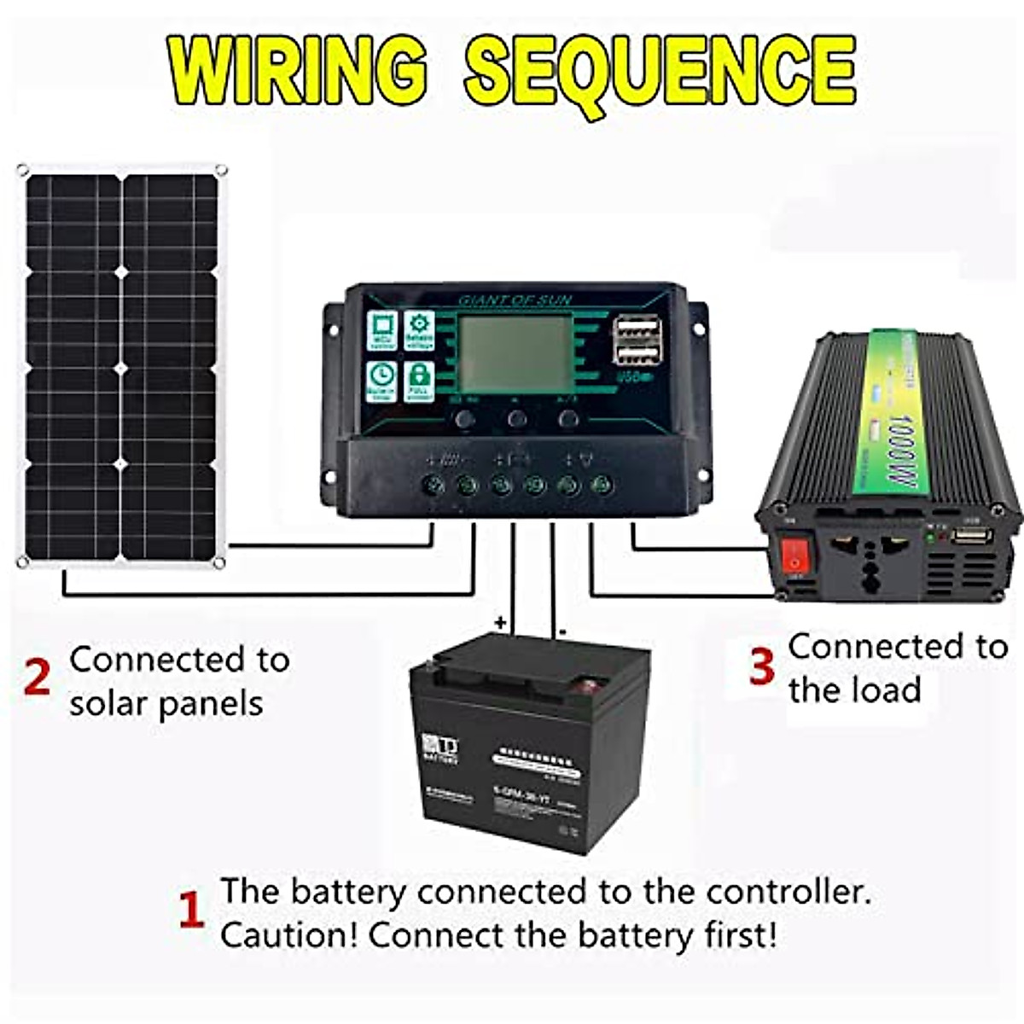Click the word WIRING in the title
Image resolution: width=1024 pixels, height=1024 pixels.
299,70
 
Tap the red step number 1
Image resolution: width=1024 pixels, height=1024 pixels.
191,911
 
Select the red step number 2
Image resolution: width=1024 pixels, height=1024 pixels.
37,679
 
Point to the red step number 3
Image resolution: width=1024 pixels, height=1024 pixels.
761,666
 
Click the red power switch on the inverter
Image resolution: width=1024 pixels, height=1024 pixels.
795,554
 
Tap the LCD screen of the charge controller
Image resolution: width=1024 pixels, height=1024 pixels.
515,353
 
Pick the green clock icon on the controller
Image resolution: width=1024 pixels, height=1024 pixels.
381,381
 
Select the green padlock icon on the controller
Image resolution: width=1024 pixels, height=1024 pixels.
418,381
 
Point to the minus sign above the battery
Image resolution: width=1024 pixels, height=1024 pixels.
562,632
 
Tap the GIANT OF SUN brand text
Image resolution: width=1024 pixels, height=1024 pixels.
515,300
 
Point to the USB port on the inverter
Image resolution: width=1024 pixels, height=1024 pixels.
973,537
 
